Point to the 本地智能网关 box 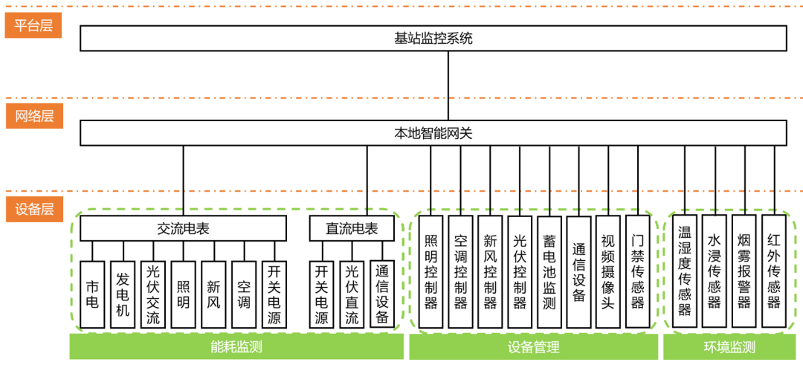[433, 134]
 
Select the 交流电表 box [183, 229]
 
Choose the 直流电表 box [351, 229]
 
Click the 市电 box [92, 294]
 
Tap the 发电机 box [123, 294]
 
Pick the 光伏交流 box [153, 294]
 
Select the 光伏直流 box [352, 294]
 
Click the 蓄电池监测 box [549, 272]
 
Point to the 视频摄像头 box [608, 272]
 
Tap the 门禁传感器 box [638, 272]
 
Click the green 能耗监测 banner [236, 347]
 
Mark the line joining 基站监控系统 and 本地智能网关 [448, 85]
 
